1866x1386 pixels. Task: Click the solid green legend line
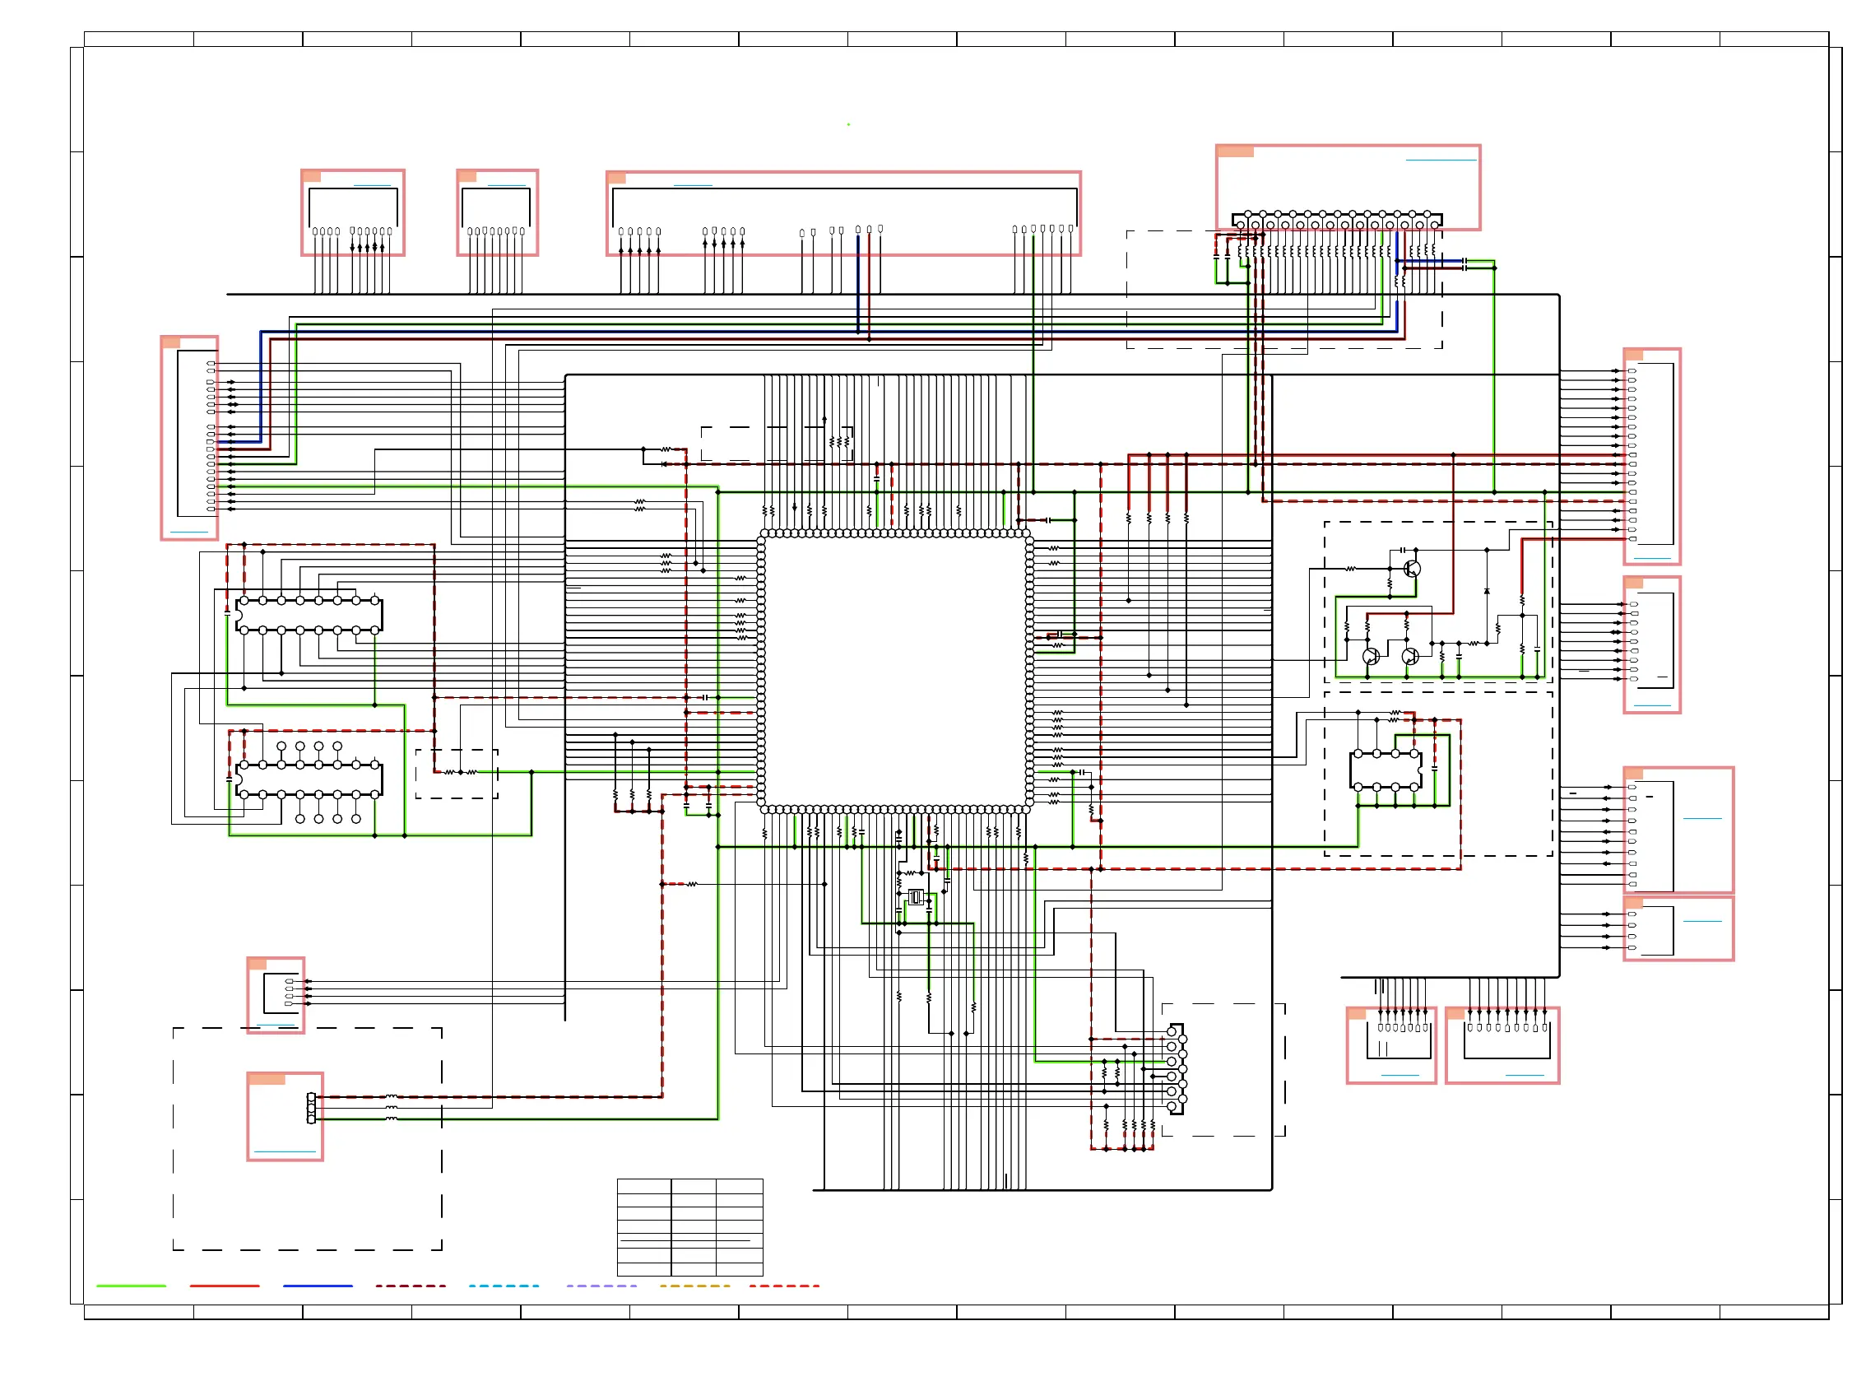[x=131, y=1286]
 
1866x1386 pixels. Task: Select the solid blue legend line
[x=318, y=1286]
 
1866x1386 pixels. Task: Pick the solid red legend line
[x=224, y=1286]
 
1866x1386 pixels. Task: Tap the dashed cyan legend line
[x=504, y=1286]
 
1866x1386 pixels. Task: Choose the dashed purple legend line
[x=601, y=1286]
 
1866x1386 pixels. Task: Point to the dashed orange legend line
[x=694, y=1286]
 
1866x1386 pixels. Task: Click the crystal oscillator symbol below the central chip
[x=916, y=898]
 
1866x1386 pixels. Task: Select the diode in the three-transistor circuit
[x=1487, y=592]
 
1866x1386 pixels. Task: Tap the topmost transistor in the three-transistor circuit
[x=1413, y=569]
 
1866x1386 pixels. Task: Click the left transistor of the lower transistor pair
[x=1372, y=656]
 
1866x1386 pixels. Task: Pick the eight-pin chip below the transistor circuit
[x=1386, y=770]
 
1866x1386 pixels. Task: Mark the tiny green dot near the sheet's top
[x=848, y=124]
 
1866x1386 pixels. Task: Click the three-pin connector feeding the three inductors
[x=311, y=1109]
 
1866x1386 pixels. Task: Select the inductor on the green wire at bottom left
[x=391, y=1119]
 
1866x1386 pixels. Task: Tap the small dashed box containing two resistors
[x=457, y=774]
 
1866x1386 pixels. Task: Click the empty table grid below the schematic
[x=689, y=1226]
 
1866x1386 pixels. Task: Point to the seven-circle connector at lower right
[x=1176, y=1069]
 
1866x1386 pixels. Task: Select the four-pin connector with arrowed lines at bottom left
[x=281, y=993]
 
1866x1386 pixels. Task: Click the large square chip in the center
[x=895, y=671]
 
